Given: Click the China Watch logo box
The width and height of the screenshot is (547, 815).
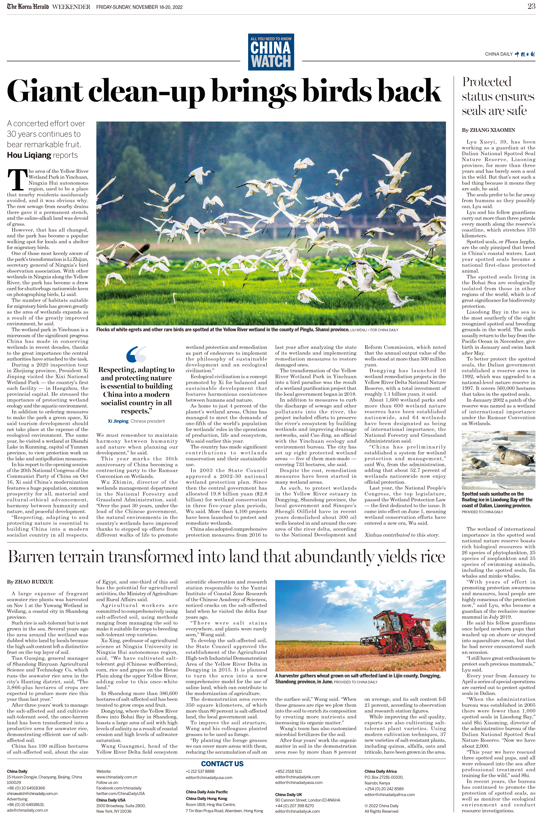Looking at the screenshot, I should coord(271,52).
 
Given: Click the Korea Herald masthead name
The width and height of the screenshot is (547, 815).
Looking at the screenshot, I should coord(28,7).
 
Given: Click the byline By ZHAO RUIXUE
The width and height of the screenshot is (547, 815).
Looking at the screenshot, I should coord(30,582).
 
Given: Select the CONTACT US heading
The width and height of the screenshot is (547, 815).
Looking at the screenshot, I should coord(222,764).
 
